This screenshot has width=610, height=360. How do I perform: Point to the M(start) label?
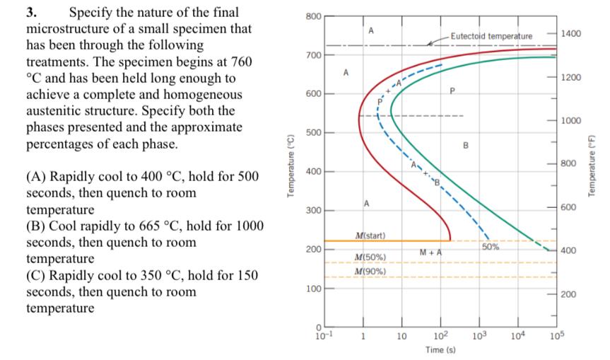coord(369,234)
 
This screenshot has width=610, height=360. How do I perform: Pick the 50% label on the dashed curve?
coord(491,247)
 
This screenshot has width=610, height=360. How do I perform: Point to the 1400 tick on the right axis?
coord(570,33)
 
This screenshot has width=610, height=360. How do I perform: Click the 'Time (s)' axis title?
coord(439,350)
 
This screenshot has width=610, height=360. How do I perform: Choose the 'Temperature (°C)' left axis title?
coord(288,170)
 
